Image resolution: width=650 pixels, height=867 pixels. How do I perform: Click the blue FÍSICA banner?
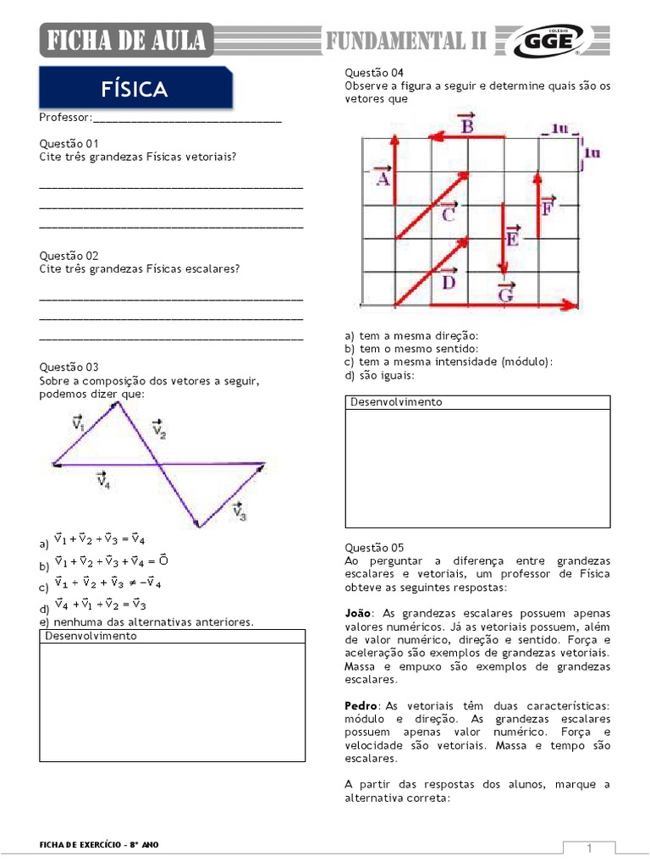coord(135,89)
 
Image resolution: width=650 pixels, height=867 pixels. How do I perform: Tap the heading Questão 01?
coord(69,143)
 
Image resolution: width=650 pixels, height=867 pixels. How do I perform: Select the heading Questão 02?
coord(69,255)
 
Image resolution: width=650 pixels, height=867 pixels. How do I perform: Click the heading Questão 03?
coord(69,367)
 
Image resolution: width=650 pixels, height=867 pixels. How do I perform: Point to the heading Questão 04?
coord(374,73)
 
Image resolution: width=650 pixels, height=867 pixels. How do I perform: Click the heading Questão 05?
coord(374,547)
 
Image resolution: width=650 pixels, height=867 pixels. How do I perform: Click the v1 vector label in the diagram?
coord(79,422)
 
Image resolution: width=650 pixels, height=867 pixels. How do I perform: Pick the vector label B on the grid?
coord(466,124)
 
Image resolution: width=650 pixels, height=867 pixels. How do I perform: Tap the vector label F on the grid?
coord(548,206)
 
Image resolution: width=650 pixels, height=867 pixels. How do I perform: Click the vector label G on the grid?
coord(505,291)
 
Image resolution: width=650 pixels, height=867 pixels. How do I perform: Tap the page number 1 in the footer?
coord(589,848)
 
